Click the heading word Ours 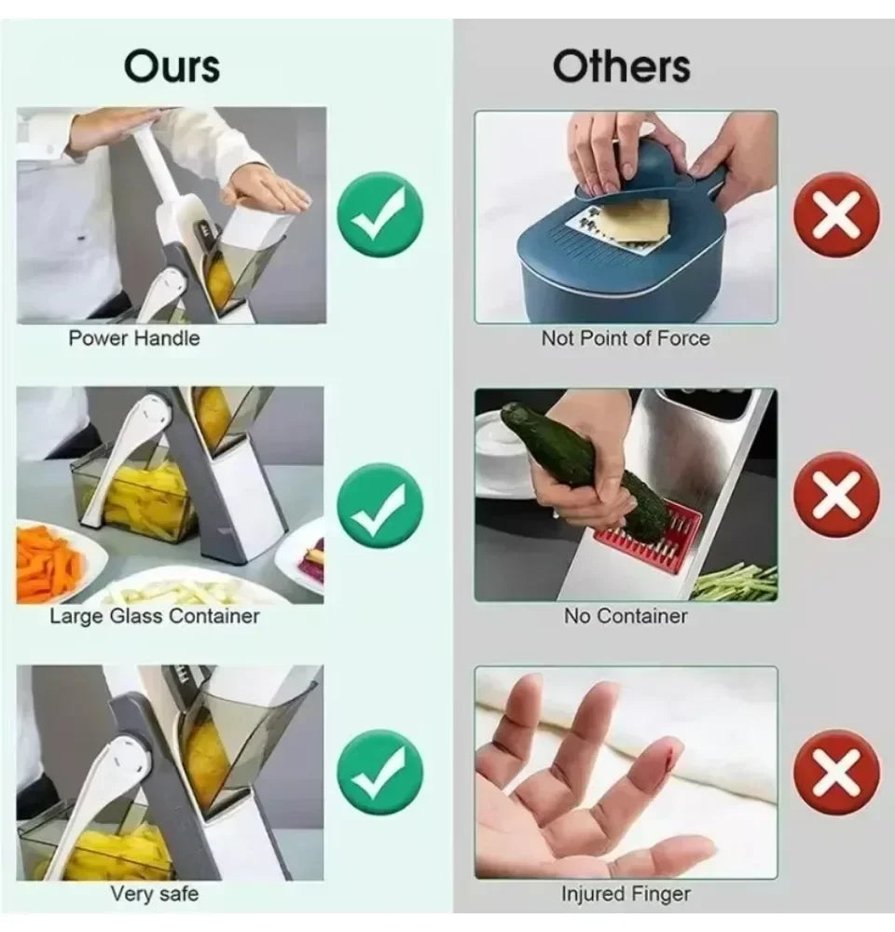point(172,66)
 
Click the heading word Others point(621,66)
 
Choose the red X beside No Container point(836,495)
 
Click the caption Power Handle point(134,338)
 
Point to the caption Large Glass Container point(155,616)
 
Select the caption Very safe point(155,894)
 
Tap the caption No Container point(626,616)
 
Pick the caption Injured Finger point(626,895)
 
